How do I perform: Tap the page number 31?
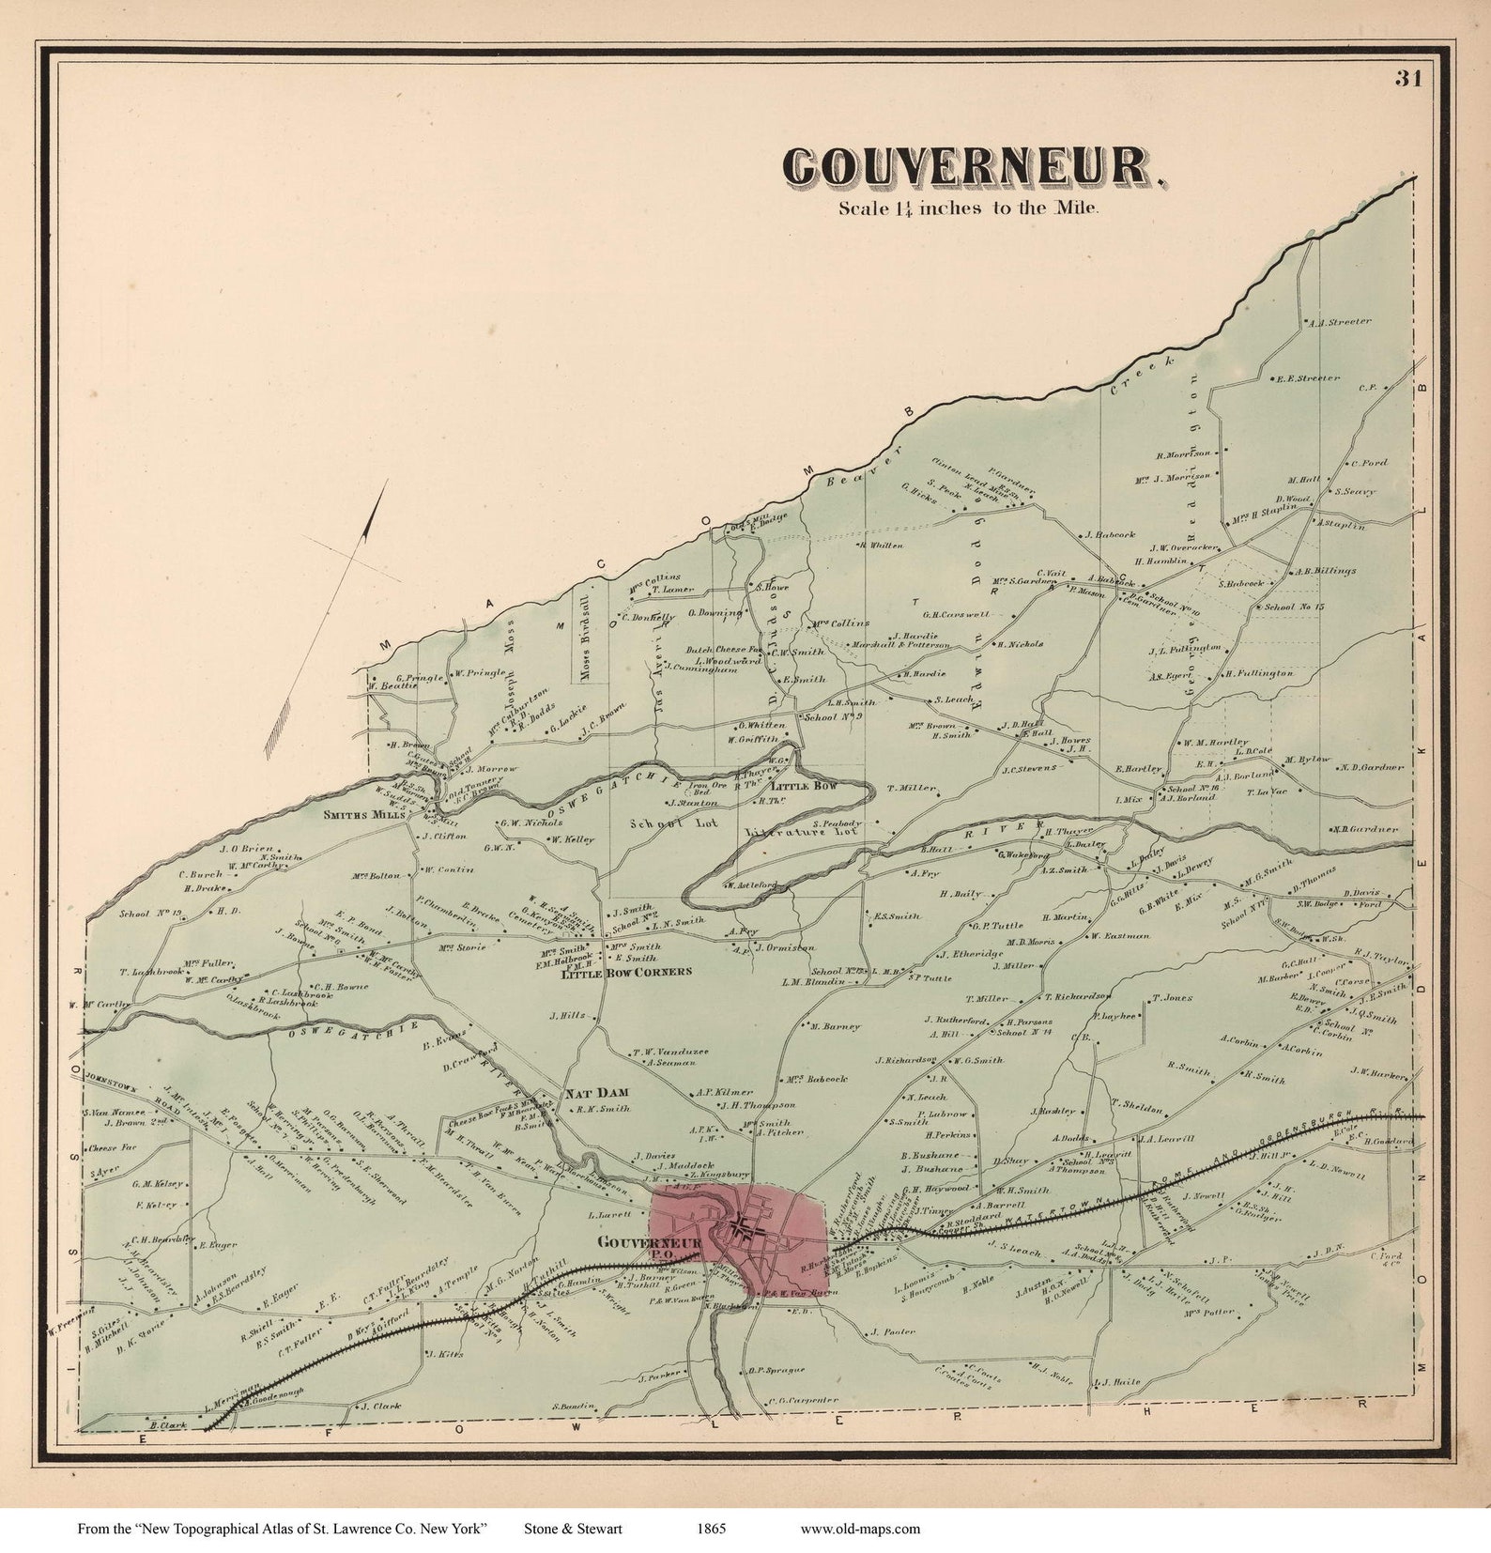click(1407, 79)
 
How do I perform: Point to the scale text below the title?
click(967, 208)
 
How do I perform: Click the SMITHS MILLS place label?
click(365, 815)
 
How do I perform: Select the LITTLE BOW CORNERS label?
click(625, 972)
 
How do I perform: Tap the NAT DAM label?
click(596, 1094)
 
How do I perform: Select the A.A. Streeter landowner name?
click(1340, 322)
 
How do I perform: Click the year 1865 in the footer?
click(711, 1528)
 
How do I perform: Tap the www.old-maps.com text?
click(860, 1528)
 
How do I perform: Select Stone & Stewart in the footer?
click(573, 1528)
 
